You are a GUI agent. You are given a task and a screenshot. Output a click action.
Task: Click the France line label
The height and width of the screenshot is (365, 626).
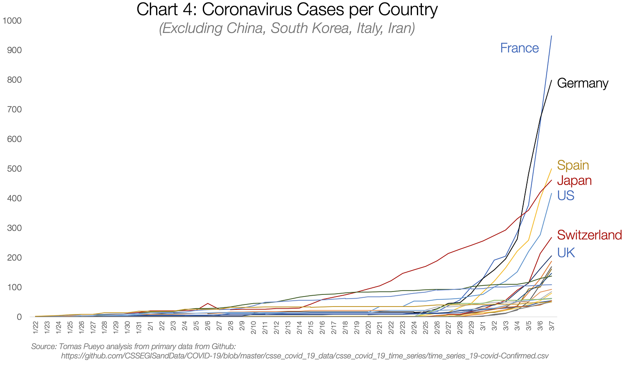point(519,48)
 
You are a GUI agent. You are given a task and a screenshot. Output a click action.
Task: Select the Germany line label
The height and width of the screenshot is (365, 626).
point(582,83)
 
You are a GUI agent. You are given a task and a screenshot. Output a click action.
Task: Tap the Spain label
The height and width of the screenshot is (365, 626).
point(573,165)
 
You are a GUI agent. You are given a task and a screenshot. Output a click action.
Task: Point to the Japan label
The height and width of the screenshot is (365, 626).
point(574,180)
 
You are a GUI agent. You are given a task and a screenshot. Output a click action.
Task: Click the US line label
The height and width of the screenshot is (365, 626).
point(565,195)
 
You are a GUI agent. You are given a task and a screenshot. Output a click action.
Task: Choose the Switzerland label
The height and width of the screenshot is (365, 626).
point(589,235)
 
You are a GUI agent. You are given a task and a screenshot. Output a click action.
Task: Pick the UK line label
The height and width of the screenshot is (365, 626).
point(566,253)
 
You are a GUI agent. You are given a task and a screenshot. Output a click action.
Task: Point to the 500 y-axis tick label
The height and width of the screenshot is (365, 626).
point(14,169)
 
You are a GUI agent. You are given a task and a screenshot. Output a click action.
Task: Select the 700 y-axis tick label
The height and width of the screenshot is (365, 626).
point(14,109)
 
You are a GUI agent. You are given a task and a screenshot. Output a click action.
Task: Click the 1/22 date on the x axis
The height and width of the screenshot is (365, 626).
point(36,326)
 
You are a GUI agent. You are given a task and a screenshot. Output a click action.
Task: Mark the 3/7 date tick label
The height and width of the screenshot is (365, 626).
point(552,326)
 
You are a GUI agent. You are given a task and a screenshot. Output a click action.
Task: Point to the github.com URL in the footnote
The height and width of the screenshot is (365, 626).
point(304,356)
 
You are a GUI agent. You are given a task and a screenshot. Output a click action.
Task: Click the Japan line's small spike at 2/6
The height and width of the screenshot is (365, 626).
point(207,304)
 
